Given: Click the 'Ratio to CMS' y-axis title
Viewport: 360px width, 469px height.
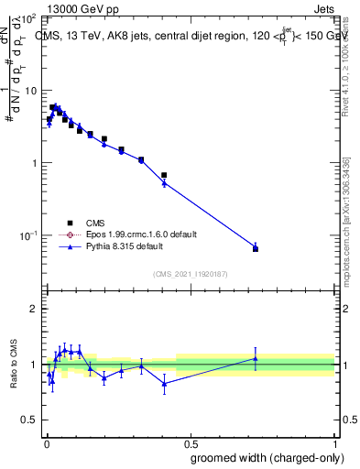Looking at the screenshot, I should (x=14, y=365).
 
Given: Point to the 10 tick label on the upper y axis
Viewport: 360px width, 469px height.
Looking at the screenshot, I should (x=30, y=91).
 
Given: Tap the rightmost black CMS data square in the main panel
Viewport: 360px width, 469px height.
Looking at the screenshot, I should (x=256, y=249).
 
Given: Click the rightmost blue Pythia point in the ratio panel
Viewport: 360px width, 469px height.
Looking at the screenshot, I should (x=256, y=358).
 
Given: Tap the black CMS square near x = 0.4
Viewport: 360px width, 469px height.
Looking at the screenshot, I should (x=164, y=175).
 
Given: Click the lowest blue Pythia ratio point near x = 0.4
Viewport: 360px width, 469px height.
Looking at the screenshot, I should (x=164, y=384).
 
